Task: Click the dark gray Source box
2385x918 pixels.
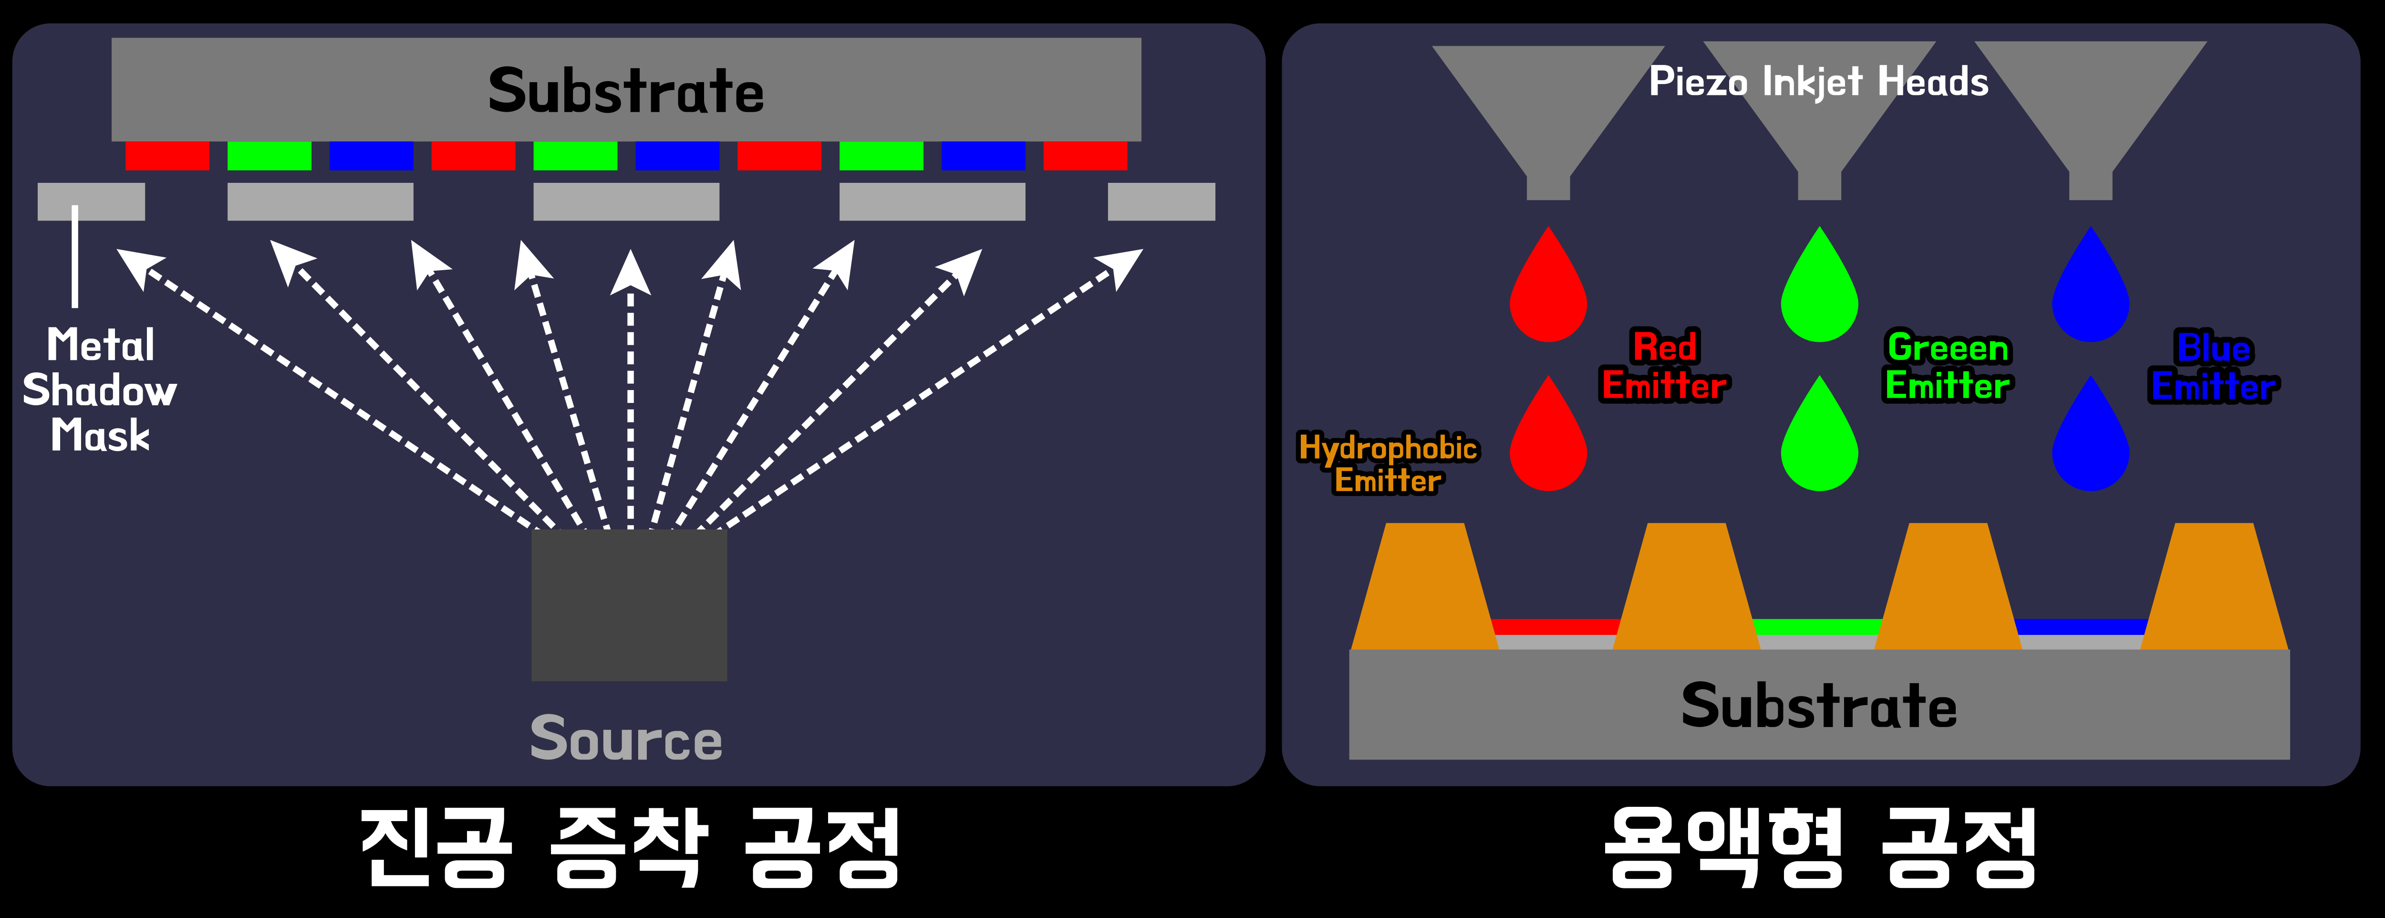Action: [x=629, y=605]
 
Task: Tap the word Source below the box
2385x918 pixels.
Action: [x=626, y=739]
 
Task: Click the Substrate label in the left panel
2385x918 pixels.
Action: [x=626, y=91]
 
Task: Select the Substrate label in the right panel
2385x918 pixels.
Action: [x=1818, y=706]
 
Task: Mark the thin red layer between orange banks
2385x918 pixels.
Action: [x=1555, y=626]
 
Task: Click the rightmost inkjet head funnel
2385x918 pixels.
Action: [x=2091, y=102]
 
